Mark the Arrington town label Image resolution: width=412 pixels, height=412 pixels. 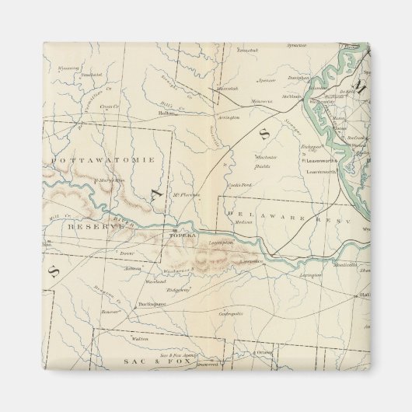226,117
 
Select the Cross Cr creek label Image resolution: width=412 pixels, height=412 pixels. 110,106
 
